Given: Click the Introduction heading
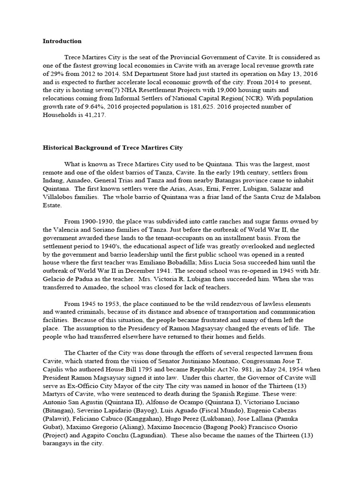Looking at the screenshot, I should [62, 41].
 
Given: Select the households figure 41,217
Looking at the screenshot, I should [89, 115].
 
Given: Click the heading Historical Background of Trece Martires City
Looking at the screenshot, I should [113, 148].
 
